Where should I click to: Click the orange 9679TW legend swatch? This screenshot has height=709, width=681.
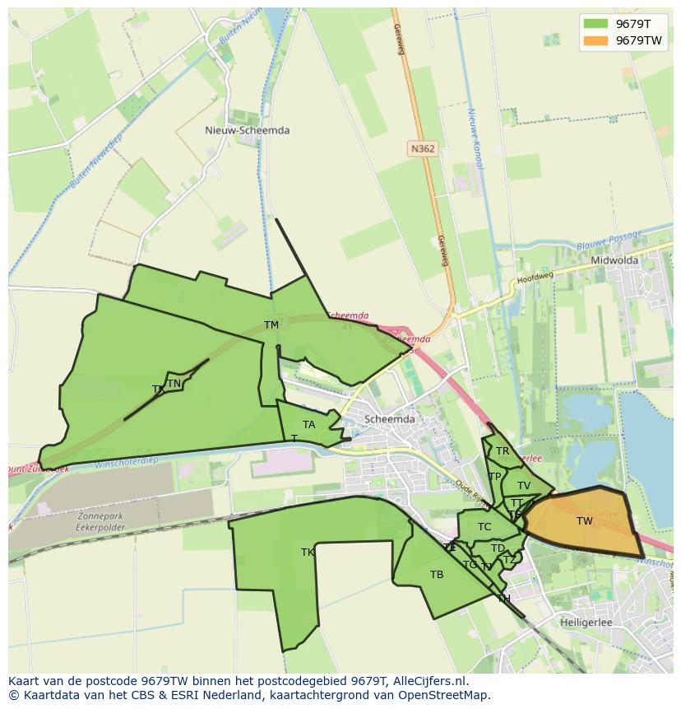(x=596, y=40)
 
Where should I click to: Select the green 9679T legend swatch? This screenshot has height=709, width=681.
(x=596, y=24)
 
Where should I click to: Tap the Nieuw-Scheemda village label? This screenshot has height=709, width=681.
(x=247, y=130)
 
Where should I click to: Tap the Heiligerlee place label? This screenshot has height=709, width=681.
(x=586, y=623)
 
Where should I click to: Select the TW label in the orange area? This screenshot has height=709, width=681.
(x=584, y=521)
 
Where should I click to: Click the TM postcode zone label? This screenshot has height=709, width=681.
(x=271, y=325)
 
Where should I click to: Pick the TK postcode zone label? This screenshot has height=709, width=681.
(x=308, y=553)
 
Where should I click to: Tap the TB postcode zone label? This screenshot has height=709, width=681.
(x=437, y=575)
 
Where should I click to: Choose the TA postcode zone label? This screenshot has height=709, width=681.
(x=308, y=425)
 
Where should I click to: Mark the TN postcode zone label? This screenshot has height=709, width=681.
(x=174, y=384)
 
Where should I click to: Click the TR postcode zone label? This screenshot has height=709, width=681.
(x=502, y=451)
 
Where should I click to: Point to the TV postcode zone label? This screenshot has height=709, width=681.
(x=523, y=486)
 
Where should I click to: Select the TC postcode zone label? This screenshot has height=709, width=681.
(x=484, y=527)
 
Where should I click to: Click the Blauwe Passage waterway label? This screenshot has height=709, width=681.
(x=609, y=240)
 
